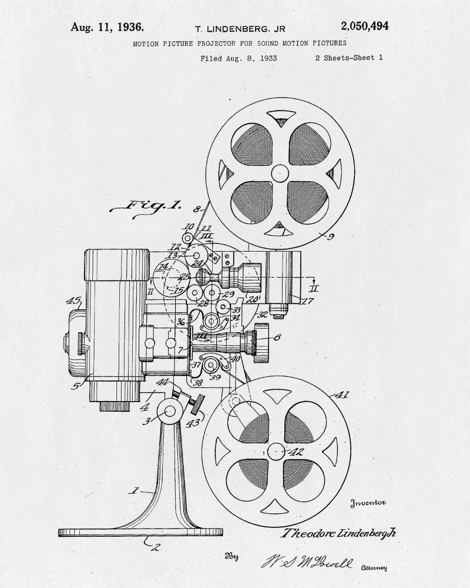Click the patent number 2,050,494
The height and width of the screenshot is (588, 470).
point(364,26)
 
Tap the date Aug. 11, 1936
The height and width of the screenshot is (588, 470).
point(108,26)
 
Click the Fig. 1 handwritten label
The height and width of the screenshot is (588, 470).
point(145,205)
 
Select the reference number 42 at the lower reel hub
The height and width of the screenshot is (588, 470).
point(294,452)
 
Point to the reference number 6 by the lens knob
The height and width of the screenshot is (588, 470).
point(277,337)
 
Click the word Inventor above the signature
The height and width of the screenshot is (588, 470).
point(368,503)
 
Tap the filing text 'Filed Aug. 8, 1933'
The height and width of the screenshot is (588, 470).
point(239,58)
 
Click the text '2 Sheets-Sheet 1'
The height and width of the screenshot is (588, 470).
point(349,58)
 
